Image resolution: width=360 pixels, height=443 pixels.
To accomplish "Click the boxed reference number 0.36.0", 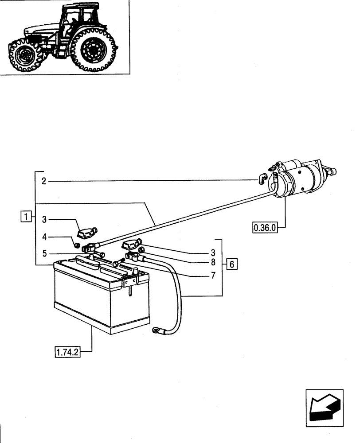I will coord(265,228).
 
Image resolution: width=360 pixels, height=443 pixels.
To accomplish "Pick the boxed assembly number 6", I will coord(231,264).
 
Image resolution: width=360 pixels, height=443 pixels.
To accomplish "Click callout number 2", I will coord(44,181).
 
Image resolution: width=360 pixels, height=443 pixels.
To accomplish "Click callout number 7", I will coord(213,276).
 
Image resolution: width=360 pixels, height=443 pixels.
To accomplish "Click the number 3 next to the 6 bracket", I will coord(213,253).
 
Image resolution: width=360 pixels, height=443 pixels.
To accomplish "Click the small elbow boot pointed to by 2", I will coord(262,178).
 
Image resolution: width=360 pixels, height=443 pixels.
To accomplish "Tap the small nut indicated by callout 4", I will coord(77,244).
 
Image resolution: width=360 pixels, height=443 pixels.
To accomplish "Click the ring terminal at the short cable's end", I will coord(156,329).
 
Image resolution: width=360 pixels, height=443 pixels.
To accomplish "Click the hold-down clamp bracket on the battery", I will coord(130,282).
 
